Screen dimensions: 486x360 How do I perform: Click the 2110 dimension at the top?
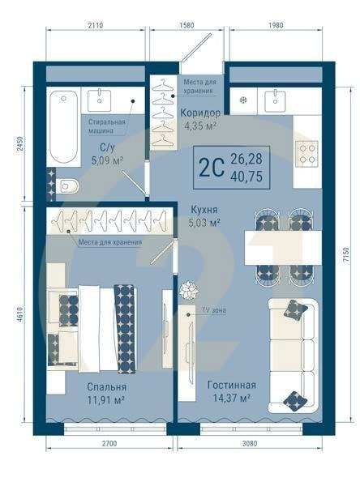(96, 26)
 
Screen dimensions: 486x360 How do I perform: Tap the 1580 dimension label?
(186, 26)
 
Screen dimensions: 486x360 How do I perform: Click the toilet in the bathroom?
(68, 186)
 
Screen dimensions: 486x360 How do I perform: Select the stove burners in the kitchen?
(305, 152)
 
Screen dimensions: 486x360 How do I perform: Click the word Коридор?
(200, 113)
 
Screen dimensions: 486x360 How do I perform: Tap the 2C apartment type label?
(212, 168)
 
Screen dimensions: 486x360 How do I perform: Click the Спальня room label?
(107, 386)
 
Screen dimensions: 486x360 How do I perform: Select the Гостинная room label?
(232, 385)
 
